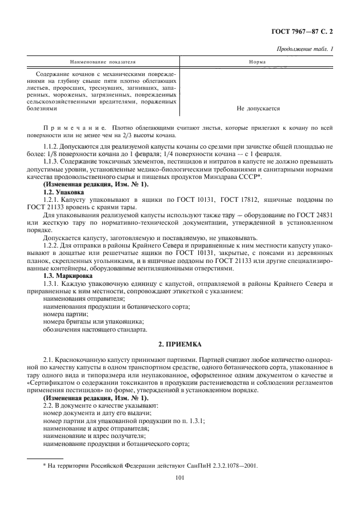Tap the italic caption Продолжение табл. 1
[305, 50]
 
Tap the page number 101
[179, 481]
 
